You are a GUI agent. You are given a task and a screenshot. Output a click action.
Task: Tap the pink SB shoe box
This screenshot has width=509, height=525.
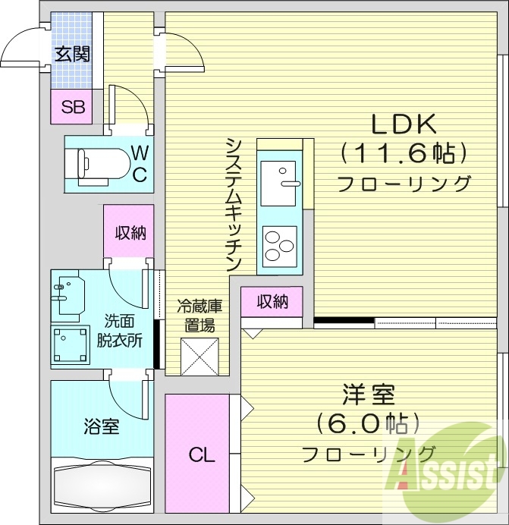pos(73,107)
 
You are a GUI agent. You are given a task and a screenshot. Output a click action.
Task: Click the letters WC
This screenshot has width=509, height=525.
pos(140,163)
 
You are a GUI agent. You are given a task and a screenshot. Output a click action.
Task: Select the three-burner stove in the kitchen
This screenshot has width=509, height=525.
pos(278,244)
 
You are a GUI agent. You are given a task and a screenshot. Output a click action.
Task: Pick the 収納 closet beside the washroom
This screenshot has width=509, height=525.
pos(130,233)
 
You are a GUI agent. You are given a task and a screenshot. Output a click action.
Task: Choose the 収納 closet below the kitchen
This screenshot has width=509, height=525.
pos(272,302)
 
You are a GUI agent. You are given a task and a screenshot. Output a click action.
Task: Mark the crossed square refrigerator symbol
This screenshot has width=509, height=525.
pos(200,357)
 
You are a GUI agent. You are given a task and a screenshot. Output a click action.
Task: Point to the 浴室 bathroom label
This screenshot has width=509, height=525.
pos(101,426)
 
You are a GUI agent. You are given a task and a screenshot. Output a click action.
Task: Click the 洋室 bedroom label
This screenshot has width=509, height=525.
pos(368,395)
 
